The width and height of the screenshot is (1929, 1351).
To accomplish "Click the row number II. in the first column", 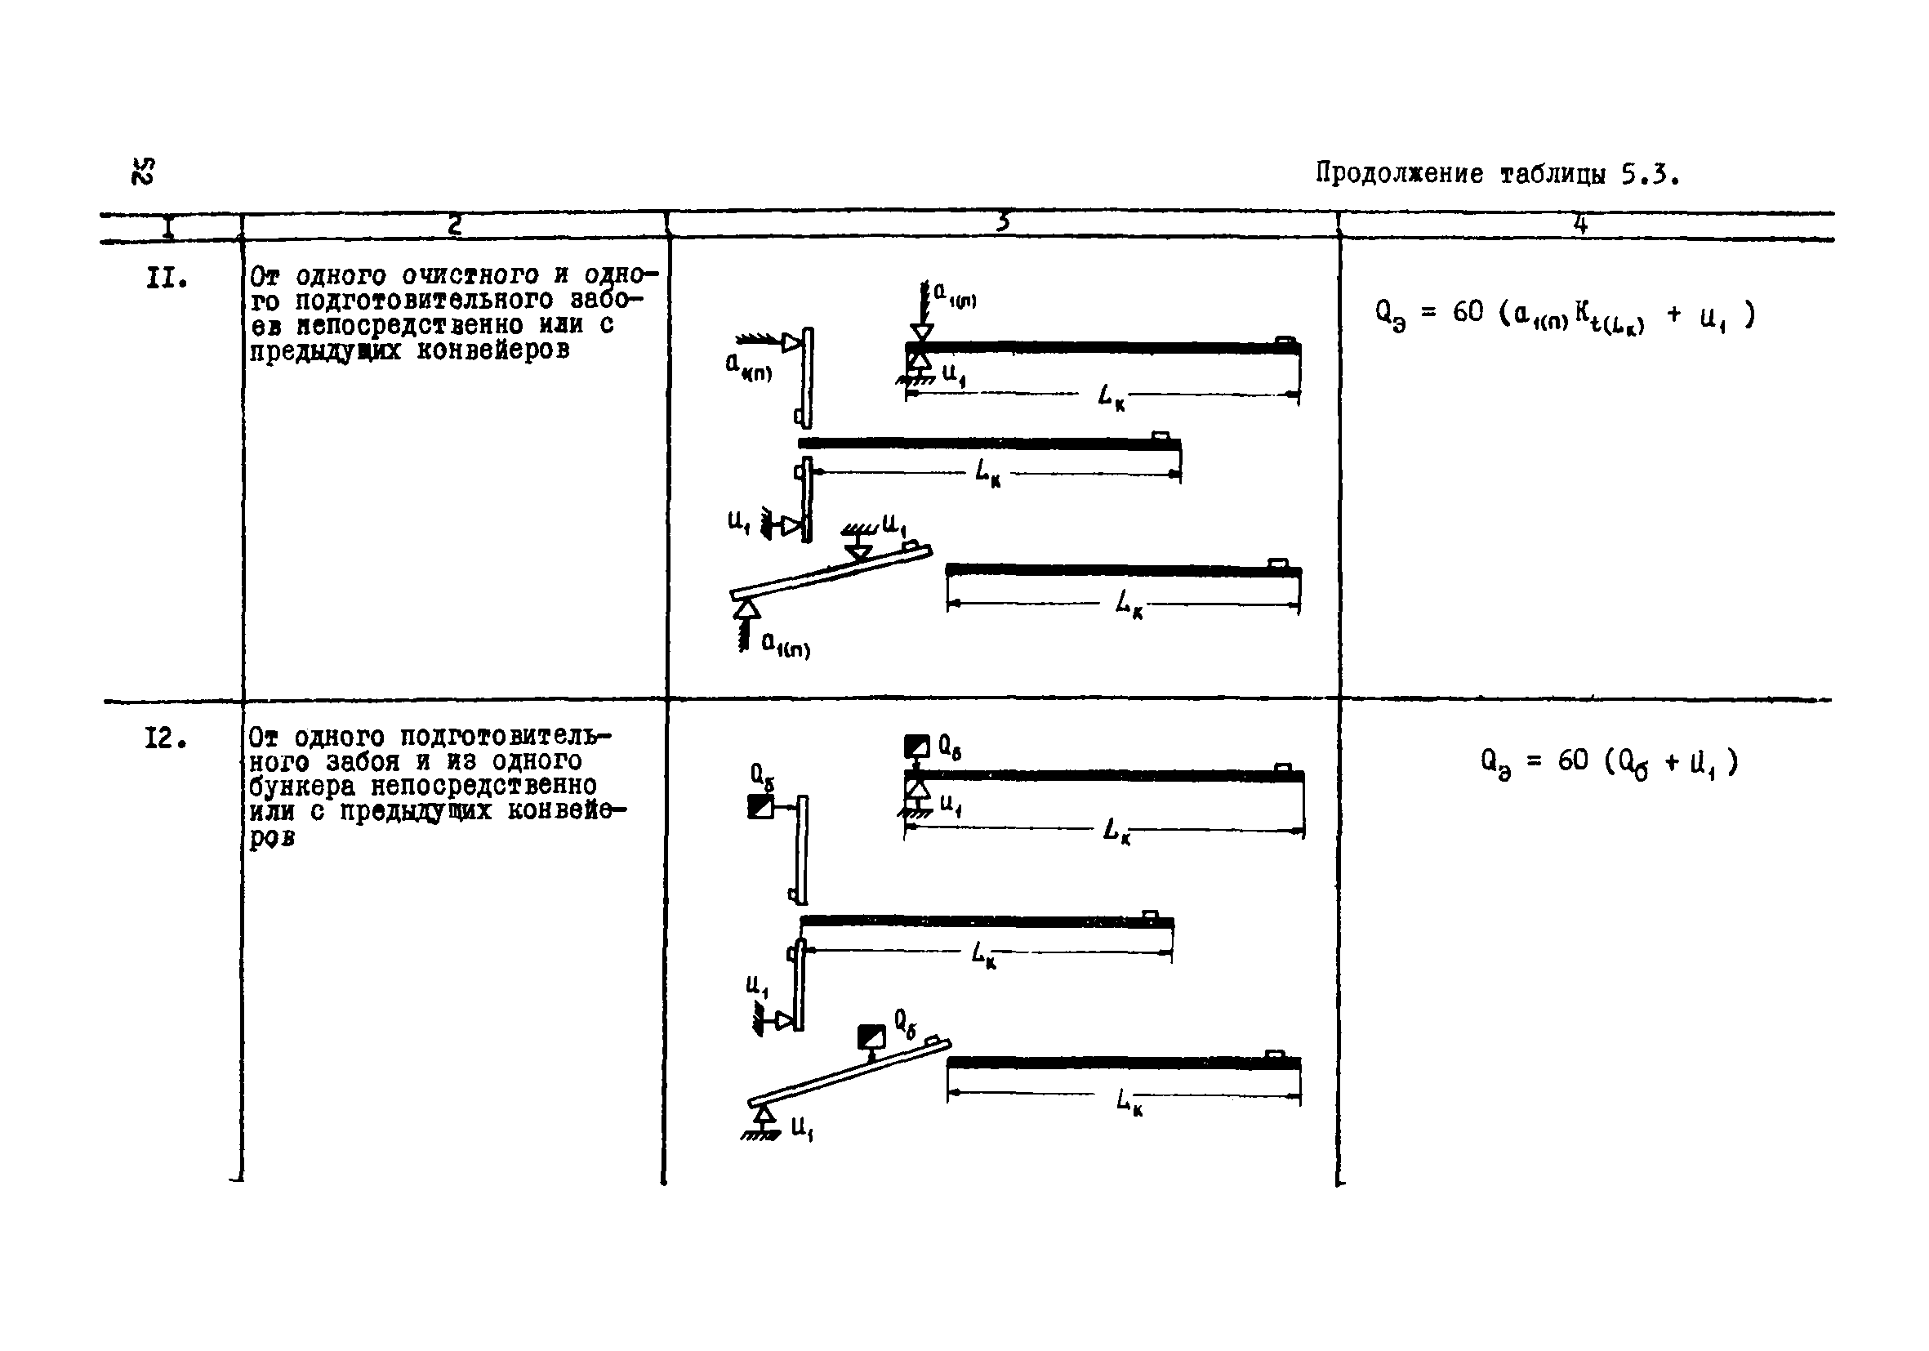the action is tap(166, 278).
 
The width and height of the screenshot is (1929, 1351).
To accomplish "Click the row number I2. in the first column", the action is tap(166, 739).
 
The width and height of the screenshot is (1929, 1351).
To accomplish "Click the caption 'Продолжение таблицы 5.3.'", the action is tap(1496, 174).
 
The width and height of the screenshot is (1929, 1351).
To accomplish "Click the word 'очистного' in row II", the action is tap(470, 275).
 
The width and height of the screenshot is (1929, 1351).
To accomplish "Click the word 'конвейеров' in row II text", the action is tap(492, 350).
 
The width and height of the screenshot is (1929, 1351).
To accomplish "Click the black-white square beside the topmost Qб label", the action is tap(915, 746).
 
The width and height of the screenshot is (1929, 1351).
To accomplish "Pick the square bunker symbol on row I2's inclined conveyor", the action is tap(871, 1037).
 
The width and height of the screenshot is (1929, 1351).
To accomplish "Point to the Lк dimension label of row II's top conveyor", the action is tap(1111, 395).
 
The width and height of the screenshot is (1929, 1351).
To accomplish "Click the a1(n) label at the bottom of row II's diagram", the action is tap(785, 645).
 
